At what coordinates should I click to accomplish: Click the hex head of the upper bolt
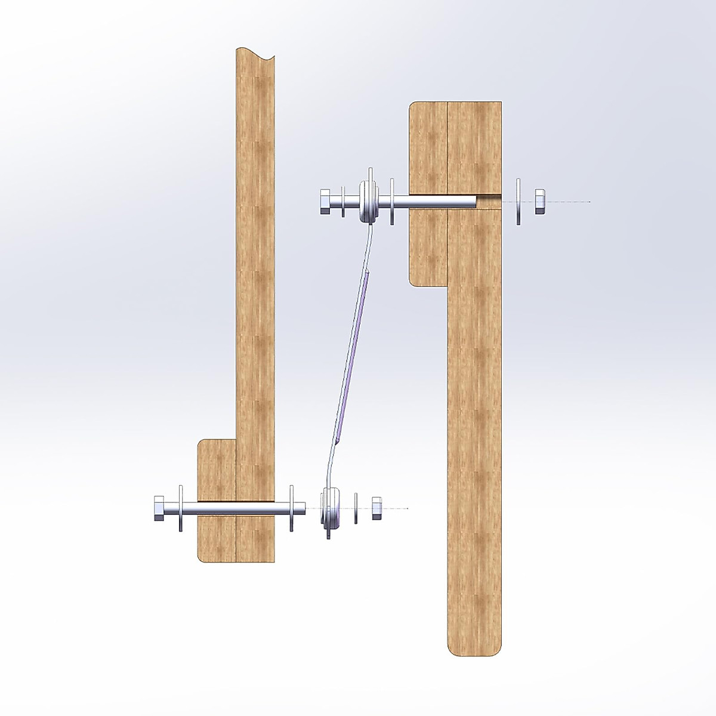point(326,202)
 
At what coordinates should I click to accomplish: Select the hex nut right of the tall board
point(539,202)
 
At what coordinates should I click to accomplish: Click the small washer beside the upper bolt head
point(342,202)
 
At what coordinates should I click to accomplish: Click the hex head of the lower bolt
point(159,508)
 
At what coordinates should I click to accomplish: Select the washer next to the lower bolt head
point(180,508)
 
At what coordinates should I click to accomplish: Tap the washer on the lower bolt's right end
point(292,508)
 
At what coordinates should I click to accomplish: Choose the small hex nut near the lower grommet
point(376,508)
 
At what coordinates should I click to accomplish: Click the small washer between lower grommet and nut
point(356,508)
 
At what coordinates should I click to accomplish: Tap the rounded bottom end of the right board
point(474,647)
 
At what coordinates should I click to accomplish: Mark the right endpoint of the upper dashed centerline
point(590,202)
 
